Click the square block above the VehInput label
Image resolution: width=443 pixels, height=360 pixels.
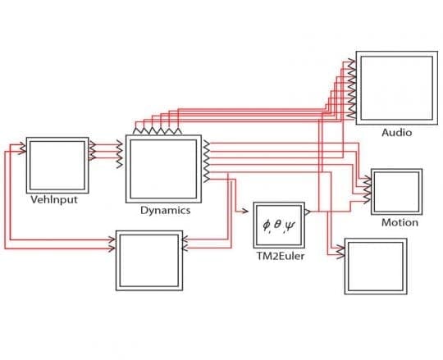57,163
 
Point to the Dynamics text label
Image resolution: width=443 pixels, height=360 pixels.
165,210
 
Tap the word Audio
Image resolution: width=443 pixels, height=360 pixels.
396,132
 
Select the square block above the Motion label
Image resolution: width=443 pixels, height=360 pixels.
397,192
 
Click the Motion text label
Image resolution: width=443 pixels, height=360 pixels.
400,222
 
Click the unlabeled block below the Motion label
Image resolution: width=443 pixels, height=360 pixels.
375,266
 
